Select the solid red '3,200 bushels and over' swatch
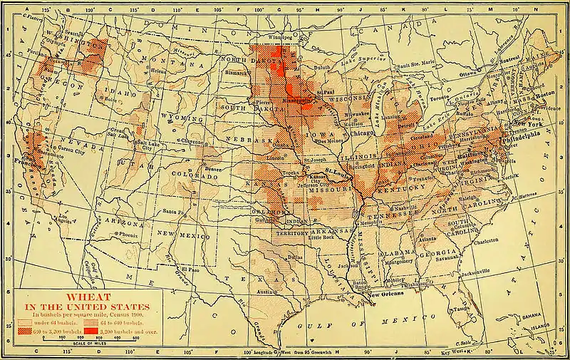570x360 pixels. tap(95, 331)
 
